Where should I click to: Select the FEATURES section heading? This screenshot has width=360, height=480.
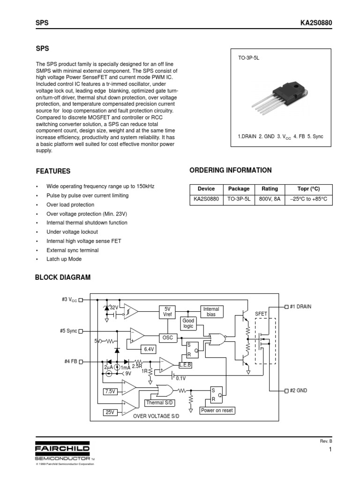click(53, 172)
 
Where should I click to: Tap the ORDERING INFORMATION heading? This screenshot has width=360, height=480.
click(230, 170)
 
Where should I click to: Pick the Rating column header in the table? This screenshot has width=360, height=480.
click(270, 189)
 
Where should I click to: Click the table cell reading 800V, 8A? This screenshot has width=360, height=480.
click(270, 199)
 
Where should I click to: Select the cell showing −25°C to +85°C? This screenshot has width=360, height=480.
click(309, 199)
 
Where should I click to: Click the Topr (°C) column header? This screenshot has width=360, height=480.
click(309, 189)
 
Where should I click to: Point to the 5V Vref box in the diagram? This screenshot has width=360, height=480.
click(167, 312)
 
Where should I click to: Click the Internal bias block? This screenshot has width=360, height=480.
click(211, 312)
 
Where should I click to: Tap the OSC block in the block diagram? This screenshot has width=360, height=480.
click(167, 337)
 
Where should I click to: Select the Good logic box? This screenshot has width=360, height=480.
click(188, 323)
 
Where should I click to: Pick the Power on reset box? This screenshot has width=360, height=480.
click(217, 410)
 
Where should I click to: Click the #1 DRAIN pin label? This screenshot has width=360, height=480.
click(300, 307)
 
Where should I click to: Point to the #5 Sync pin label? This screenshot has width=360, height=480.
click(68, 330)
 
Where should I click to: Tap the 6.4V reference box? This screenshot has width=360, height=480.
click(149, 349)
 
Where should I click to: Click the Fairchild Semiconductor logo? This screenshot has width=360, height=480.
click(62, 450)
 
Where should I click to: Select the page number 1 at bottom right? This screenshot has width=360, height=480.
click(330, 450)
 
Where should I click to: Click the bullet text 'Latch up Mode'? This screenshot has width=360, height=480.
click(64, 259)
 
